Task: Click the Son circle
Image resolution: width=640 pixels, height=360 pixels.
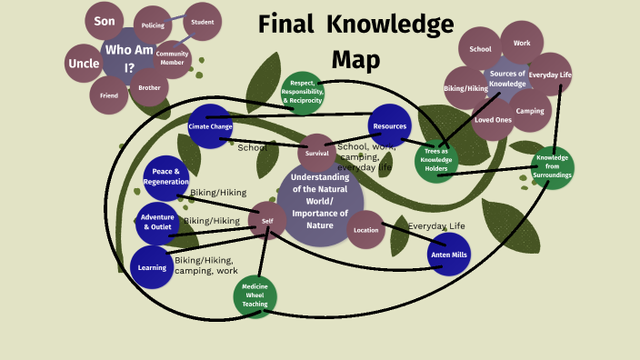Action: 104,20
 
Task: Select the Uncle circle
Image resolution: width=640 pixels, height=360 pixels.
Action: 84,64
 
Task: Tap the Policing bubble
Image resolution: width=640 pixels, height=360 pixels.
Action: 153,25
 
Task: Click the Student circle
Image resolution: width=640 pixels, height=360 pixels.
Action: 203,22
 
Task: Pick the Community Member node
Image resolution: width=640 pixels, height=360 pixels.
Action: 173,58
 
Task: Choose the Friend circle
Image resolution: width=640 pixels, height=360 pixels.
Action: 108,95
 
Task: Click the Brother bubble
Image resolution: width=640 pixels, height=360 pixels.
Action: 148,88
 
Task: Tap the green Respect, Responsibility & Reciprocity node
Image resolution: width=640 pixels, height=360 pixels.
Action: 304,92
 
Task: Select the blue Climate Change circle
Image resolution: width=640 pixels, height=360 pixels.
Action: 210,126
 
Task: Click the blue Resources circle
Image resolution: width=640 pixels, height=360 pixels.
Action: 390,126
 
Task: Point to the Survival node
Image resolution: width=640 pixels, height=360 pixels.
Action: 317,153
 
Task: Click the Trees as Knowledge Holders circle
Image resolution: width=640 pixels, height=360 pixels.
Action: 437,161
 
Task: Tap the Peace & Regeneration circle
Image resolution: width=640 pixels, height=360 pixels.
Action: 165,177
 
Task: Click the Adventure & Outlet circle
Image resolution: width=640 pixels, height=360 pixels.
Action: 156,223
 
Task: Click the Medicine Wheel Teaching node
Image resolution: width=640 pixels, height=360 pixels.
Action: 255,296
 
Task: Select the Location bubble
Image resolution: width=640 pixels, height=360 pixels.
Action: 366,229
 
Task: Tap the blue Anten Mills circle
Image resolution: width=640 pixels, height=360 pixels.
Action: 449,255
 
